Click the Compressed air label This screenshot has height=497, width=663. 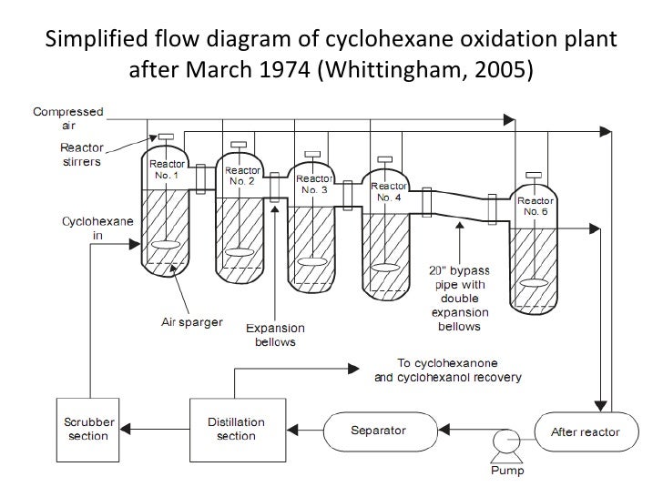pos(67,117)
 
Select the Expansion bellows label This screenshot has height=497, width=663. pos(274,335)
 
